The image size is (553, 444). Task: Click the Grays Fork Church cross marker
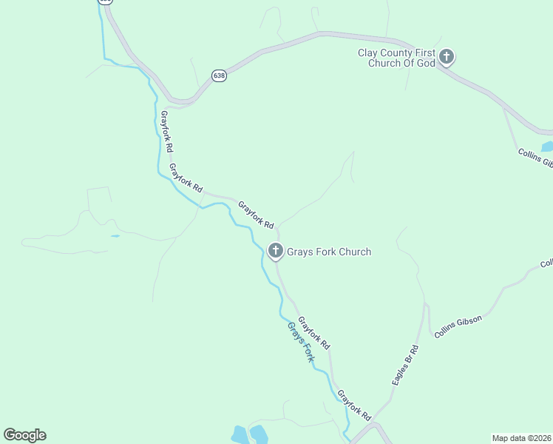click(x=276, y=252)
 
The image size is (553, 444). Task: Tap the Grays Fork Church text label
click(x=329, y=252)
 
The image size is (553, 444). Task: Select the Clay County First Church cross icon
click(x=446, y=56)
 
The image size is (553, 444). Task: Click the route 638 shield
click(x=219, y=75)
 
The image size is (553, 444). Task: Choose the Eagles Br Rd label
click(x=405, y=364)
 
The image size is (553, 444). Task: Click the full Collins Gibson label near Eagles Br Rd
click(x=458, y=327)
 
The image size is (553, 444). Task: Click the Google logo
click(x=24, y=435)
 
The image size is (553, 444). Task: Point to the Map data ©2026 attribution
click(x=521, y=437)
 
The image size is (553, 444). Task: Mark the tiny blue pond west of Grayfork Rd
click(x=115, y=236)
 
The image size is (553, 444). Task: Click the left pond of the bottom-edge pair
click(x=239, y=434)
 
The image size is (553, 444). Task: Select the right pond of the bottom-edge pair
click(x=258, y=434)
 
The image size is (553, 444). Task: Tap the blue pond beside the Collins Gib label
click(x=547, y=147)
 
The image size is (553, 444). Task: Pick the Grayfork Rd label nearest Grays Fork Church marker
click(x=256, y=214)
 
